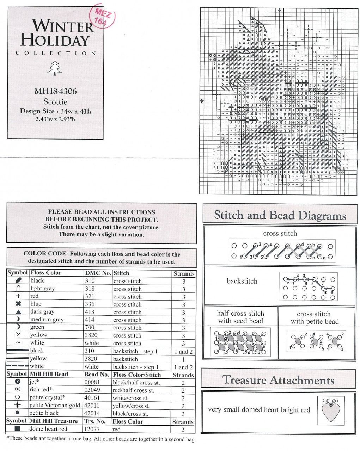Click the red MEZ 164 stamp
(103, 17)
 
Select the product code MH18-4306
(55, 91)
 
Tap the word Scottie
(55, 102)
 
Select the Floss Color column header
(46, 273)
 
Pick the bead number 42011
(92, 406)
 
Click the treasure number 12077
(92, 429)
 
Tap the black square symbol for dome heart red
(17, 429)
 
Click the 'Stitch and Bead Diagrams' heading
(280, 215)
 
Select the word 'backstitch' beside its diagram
(242, 281)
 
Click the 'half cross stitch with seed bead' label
(240, 317)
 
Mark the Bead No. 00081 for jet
(92, 382)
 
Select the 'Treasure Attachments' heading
(278, 380)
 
